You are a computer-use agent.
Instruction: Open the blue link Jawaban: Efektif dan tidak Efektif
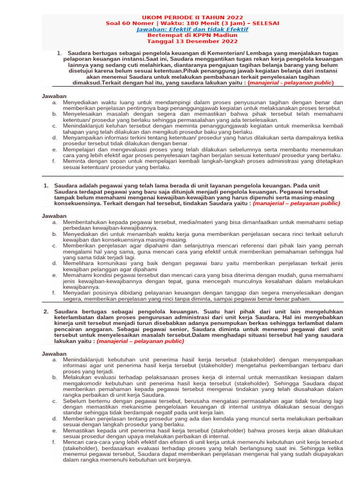(192, 29)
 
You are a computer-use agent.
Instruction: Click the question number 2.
(46, 311)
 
